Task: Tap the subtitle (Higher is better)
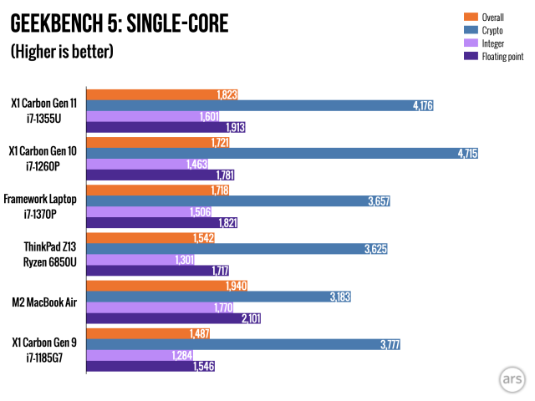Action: coord(62,52)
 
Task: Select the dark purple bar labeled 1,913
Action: coord(167,127)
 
